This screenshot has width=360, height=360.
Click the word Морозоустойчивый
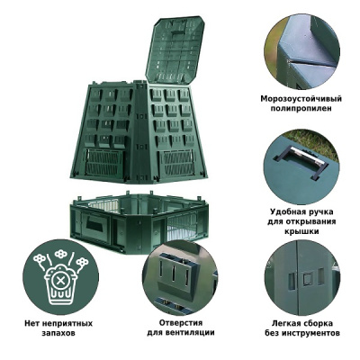pyautogui.click(x=301, y=99)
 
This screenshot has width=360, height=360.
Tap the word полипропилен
pyautogui.click(x=301, y=109)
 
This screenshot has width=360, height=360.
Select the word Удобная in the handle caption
pyautogui.click(x=288, y=211)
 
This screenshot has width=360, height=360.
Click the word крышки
pyautogui.click(x=301, y=231)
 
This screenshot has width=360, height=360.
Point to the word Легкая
pyautogui.click(x=285, y=323)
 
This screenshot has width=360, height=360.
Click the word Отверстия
pyautogui.click(x=181, y=323)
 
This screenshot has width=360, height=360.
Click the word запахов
pyautogui.click(x=58, y=333)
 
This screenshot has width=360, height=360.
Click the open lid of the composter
pyautogui.click(x=175, y=49)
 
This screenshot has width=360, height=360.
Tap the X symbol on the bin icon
pyautogui.click(x=60, y=281)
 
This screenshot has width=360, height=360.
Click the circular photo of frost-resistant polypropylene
pyautogui.click(x=301, y=51)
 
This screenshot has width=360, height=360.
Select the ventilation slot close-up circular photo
pyautogui.click(x=180, y=277)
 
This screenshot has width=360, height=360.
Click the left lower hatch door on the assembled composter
pyautogui.click(x=104, y=162)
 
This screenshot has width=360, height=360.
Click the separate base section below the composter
pyautogui.click(x=139, y=221)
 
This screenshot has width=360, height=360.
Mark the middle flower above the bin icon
pyautogui.click(x=61, y=254)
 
